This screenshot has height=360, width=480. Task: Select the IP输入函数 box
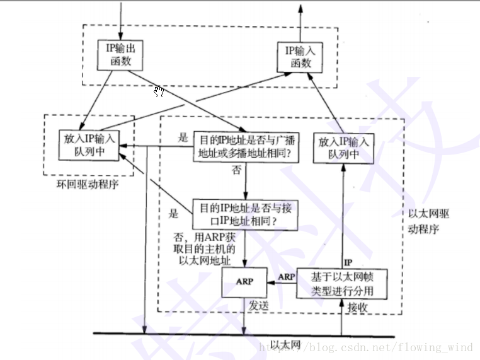point(300,57)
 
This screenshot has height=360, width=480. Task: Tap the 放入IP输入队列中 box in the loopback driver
point(90,145)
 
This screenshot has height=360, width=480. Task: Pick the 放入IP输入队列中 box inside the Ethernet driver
point(343,148)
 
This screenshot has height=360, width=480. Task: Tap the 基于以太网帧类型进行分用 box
point(348,283)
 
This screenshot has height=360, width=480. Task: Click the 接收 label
point(357,306)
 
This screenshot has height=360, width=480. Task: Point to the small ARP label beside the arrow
point(287,276)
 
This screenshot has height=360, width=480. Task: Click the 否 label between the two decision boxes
point(237,170)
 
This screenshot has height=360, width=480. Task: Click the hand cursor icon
point(159,92)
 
